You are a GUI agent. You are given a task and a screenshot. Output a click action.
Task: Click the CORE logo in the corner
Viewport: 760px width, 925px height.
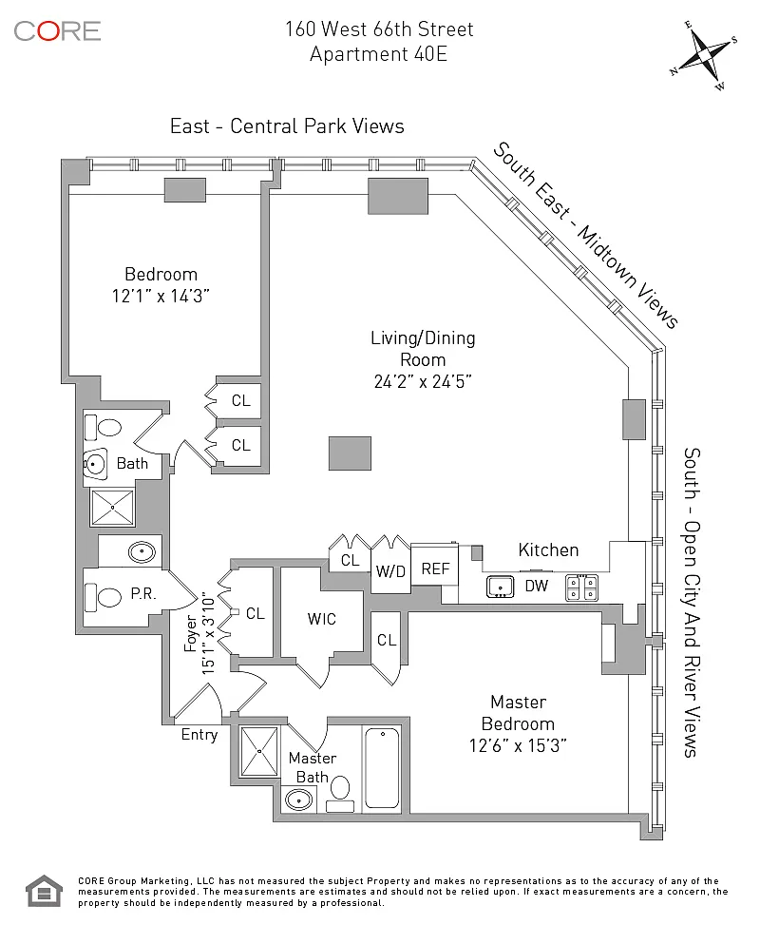pos(57,30)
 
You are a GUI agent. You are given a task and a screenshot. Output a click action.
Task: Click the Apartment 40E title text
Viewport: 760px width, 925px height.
pos(378,54)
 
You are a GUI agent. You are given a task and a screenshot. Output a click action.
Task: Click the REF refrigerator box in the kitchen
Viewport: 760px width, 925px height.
pos(435,569)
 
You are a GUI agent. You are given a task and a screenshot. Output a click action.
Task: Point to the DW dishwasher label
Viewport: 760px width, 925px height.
pos(537,586)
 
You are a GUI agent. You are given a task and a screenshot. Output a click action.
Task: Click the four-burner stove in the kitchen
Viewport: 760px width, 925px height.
pos(581,588)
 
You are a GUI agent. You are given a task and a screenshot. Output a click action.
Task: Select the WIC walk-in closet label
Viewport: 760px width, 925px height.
pos(321,619)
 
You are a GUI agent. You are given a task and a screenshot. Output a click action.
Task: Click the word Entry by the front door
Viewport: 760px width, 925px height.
pos(199,735)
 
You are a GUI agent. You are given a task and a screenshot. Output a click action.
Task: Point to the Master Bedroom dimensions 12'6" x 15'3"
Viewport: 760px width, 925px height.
pos(519,744)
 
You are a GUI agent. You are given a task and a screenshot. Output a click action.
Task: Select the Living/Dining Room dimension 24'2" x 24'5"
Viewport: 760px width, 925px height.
pos(423,382)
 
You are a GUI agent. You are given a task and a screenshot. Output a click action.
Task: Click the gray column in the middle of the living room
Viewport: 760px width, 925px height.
pos(350,453)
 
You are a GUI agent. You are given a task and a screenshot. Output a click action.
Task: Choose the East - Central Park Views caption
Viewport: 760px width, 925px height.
pos(287,126)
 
